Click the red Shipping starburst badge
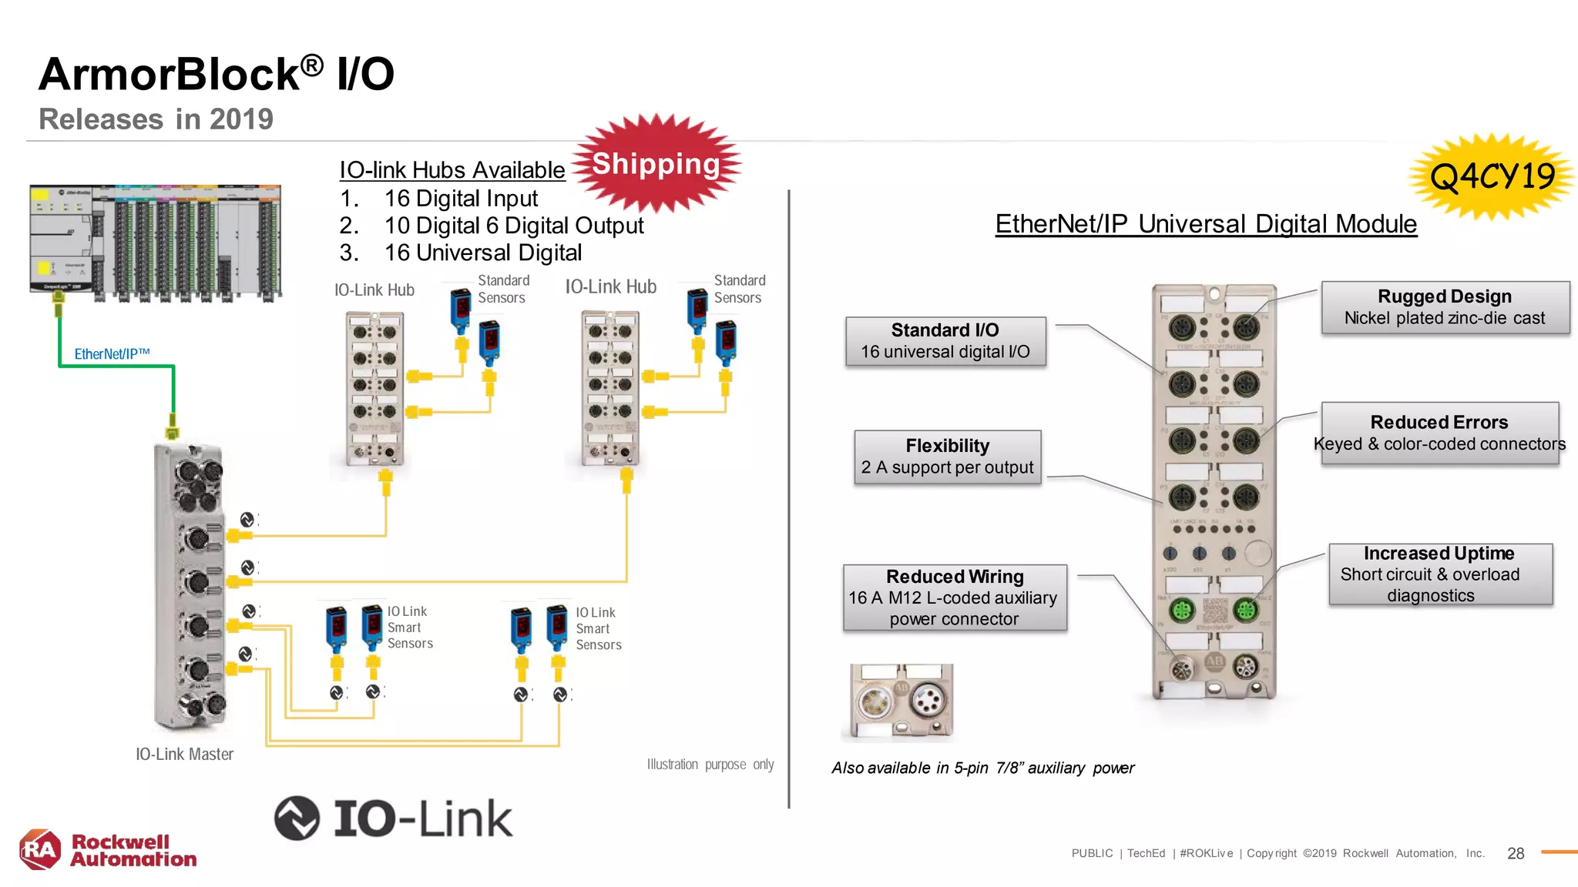[x=656, y=163]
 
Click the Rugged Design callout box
[x=1445, y=307]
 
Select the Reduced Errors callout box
[x=1439, y=433]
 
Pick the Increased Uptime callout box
[x=1439, y=574]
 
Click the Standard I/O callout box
[x=945, y=341]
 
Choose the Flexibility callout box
[x=947, y=457]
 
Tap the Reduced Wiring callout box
[x=955, y=597]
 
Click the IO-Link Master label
[x=184, y=755]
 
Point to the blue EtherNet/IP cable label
[x=112, y=354]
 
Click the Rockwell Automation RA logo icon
[x=40, y=850]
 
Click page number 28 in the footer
[x=1515, y=853]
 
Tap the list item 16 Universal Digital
[x=482, y=253]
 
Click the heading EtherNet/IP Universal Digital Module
[x=1206, y=224]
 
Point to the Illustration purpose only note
[x=710, y=765]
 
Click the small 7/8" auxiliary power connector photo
[x=901, y=702]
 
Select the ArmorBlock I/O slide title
[x=217, y=75]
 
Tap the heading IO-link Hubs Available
[x=452, y=170]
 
